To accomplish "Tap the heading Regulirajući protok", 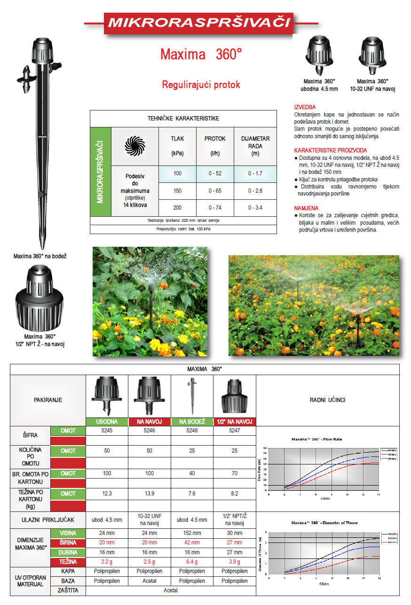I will point(201,85).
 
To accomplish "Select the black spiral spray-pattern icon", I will point(135,147).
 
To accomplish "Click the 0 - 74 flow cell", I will point(215,208).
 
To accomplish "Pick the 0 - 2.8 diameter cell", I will point(255,191).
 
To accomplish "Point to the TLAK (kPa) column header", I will point(177,146).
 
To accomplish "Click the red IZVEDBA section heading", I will point(305,107).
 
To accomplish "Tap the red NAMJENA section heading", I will point(306,208).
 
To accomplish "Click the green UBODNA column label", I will point(107,422).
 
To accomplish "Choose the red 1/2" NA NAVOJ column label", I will point(235,422).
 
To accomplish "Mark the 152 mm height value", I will point(192,533).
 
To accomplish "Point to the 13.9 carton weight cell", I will point(150,493).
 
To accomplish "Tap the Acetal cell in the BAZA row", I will point(150,581).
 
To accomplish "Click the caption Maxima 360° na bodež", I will point(40,256).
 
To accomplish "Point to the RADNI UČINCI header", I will point(327,400).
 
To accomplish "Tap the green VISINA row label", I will point(68,533).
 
